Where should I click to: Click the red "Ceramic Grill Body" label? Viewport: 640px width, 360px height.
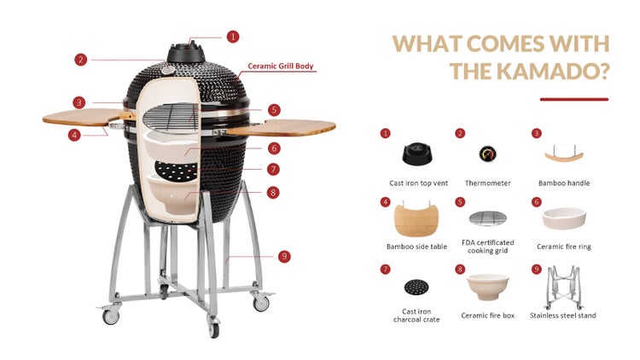point(281,66)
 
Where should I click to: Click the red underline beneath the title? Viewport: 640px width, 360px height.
point(574,99)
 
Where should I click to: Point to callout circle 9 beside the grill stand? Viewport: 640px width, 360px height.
point(284,256)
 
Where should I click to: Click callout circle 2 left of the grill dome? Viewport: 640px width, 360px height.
point(81,60)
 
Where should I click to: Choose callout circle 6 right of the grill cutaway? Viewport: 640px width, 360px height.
point(274,148)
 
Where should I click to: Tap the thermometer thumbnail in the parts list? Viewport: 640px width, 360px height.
point(487,154)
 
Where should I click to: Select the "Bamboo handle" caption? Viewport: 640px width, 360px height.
point(564,183)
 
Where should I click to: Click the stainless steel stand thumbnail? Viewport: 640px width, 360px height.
point(563,287)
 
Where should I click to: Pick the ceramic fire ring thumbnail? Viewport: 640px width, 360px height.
point(564,218)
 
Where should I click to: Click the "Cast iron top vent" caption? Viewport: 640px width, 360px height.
point(418,183)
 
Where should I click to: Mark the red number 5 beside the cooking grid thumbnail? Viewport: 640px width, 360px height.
point(460,202)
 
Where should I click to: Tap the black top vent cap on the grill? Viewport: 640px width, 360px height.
point(186,52)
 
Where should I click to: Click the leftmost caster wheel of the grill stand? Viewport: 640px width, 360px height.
point(111,316)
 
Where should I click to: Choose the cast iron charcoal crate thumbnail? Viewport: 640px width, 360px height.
point(416,287)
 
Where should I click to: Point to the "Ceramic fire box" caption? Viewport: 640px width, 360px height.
point(488,315)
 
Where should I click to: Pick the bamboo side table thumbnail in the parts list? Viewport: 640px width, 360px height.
point(416,219)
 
